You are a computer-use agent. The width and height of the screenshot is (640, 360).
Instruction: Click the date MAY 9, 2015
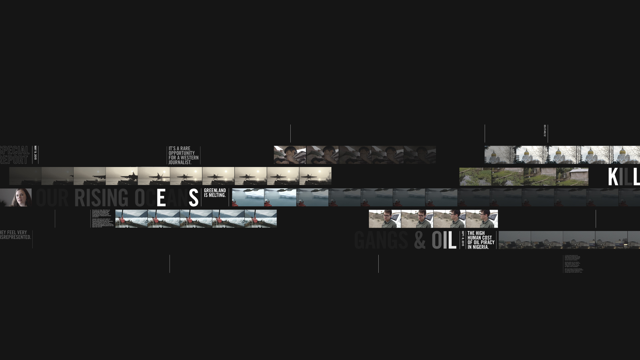(36, 153)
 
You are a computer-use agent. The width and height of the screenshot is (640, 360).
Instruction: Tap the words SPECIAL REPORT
(15, 155)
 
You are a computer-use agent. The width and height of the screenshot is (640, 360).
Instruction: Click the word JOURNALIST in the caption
(180, 162)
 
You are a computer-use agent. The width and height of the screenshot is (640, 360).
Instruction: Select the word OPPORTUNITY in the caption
(182, 153)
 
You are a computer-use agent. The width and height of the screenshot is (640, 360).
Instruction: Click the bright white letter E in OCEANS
(161, 197)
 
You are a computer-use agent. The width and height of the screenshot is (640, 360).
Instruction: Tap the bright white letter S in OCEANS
(193, 197)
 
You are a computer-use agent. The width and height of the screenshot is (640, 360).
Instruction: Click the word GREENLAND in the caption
(215, 190)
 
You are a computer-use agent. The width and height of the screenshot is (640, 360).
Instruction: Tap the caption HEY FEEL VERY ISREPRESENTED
(15, 235)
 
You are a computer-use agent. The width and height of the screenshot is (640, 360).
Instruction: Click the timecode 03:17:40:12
(545, 131)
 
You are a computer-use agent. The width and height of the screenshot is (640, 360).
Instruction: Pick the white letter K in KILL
(613, 177)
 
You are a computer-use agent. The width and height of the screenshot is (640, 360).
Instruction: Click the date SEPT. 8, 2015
(463, 239)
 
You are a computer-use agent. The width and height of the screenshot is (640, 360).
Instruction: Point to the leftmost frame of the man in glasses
(385, 219)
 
